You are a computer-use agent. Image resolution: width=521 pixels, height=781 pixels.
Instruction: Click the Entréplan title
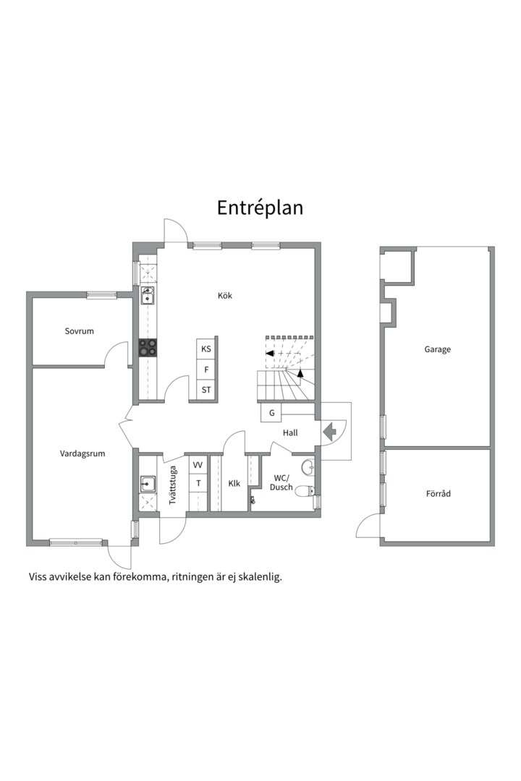pos(260,208)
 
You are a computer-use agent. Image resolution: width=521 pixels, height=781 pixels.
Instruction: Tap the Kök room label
pos(225,295)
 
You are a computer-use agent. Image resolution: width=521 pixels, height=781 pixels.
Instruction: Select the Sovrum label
pos(80,330)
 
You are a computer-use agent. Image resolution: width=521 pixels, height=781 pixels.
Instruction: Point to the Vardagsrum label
pos(82,453)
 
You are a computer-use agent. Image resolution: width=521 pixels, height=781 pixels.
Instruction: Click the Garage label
pos(437,350)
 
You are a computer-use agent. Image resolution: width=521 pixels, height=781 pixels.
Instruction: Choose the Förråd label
pos(439,494)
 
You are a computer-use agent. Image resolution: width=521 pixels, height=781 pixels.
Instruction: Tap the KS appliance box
pos(206,349)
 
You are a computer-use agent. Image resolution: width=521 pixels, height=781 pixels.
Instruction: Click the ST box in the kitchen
pos(206,390)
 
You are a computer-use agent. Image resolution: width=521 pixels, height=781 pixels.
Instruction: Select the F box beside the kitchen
pos(206,370)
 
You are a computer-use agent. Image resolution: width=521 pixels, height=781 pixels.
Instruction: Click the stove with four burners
pos(147,348)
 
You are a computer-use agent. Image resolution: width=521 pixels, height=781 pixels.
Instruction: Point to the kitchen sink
pos(147,295)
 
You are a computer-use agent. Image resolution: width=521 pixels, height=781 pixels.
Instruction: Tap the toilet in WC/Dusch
pos(305,492)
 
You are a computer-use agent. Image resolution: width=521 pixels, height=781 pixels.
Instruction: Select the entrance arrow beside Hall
pos(330,431)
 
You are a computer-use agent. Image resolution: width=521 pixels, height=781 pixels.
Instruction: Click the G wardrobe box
pos(272,413)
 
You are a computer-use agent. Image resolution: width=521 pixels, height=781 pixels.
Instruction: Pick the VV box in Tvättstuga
pos(198,465)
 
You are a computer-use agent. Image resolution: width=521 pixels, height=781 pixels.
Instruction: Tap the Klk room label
pos(234,483)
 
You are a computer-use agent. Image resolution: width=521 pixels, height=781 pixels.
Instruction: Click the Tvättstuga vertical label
pos(173,485)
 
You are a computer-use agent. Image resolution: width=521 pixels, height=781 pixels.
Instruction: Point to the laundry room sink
pos(147,483)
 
